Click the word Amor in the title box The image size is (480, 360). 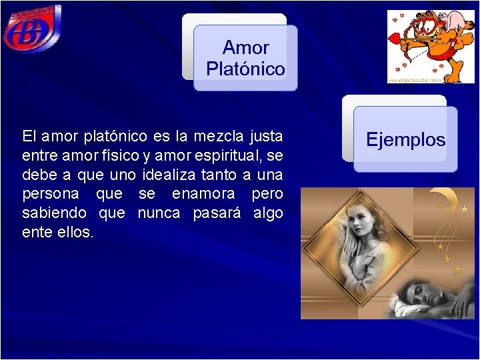245,48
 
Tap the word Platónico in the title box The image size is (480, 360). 245,69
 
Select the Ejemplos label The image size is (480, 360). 405,140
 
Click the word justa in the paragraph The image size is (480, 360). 266,137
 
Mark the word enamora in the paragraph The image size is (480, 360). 203,195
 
